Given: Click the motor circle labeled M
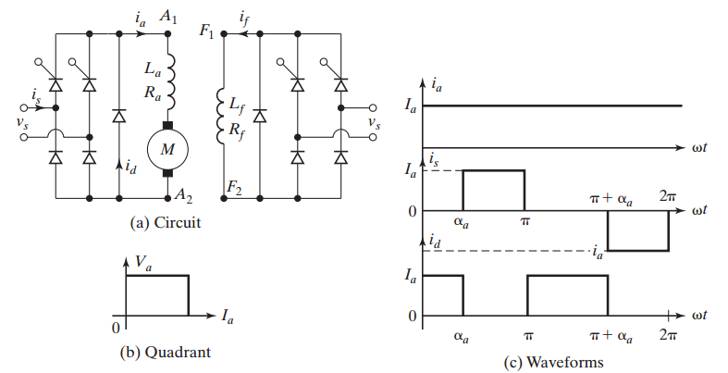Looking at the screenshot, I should [168, 148].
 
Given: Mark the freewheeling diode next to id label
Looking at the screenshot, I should [119, 115].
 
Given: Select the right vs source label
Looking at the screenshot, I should [373, 122].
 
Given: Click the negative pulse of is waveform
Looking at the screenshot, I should [636, 231].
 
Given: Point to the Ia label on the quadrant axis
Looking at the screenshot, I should [228, 317].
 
